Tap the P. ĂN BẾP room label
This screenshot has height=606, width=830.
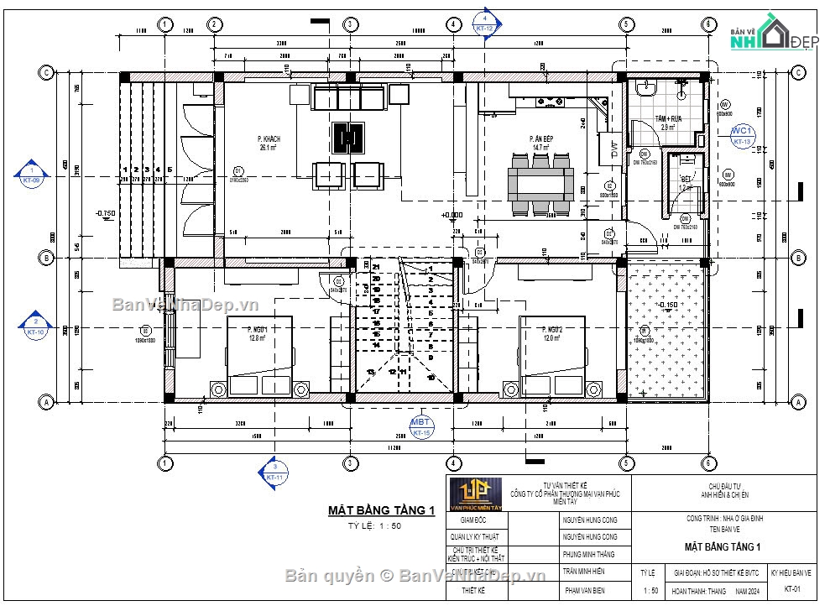pos(540,141)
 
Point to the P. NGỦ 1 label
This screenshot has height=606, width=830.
pos(257,332)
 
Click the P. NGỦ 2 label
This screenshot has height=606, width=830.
pos(551,332)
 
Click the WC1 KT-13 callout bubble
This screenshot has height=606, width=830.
pos(741,136)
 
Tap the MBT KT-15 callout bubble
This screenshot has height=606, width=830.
pos(420,426)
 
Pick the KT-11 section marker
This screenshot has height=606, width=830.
pos(273,471)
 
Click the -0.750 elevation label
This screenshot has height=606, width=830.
pos(106,213)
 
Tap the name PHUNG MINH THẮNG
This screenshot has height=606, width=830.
pos(590,554)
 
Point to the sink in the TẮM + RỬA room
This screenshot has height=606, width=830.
pos(647,89)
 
